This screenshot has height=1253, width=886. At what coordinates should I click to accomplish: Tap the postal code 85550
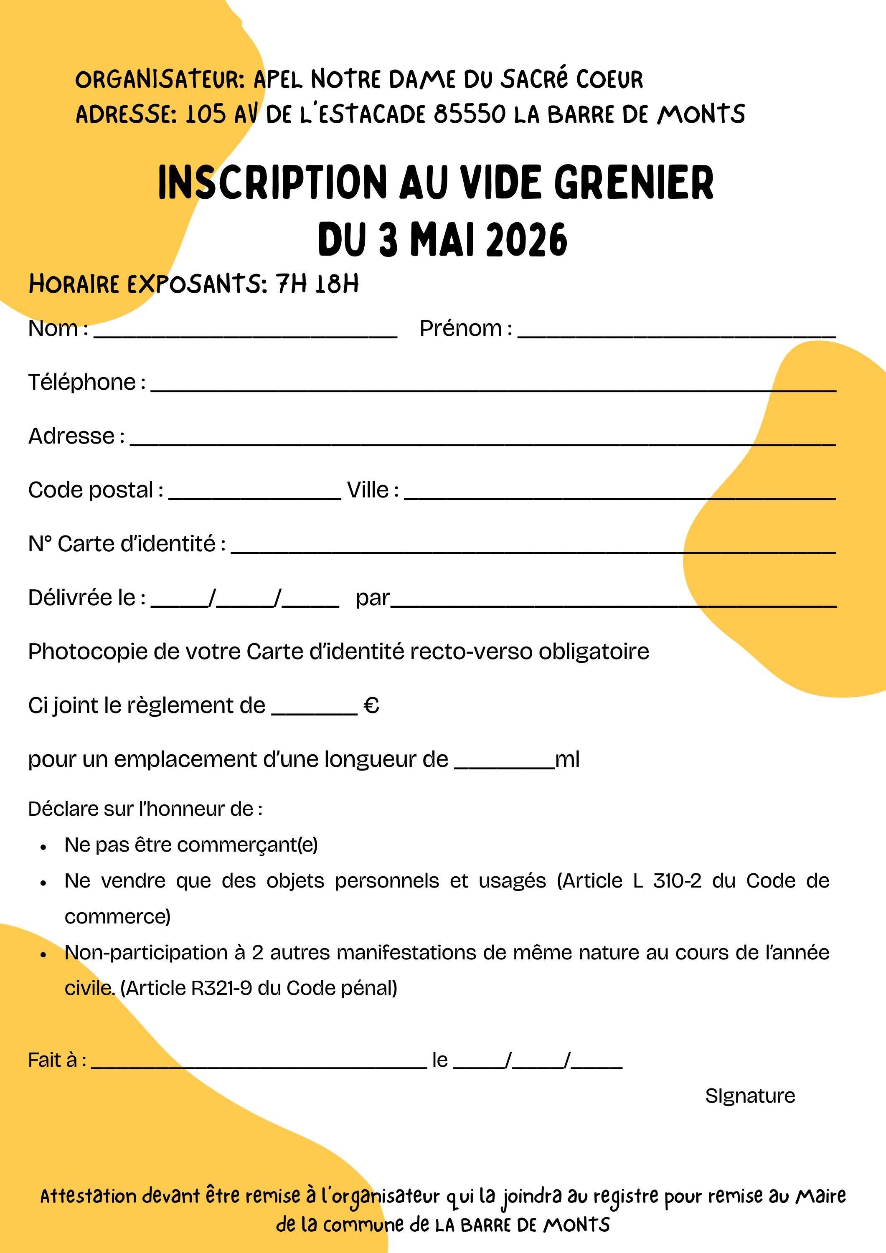coord(470,114)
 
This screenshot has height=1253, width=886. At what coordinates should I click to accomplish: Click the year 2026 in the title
coord(526,240)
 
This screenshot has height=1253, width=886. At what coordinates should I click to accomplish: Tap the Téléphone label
coord(82,383)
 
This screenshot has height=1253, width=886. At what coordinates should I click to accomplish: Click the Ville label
coord(368,490)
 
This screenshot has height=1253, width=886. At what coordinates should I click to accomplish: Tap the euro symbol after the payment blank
coord(371,706)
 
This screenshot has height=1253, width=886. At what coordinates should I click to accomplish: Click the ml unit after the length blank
coord(567,760)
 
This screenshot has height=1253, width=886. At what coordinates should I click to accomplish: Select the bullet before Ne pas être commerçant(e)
coord(43,847)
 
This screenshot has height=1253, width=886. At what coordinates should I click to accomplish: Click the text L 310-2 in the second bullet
coord(667,881)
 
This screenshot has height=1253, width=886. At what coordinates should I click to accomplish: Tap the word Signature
coord(750,1096)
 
